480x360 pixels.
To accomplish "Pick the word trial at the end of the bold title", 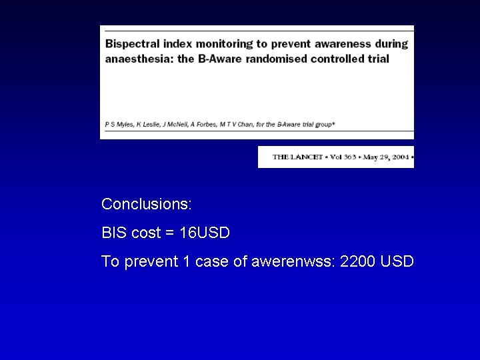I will [x=376, y=58].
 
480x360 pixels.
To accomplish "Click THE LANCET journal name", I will [x=298, y=157].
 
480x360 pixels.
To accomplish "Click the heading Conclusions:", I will [x=147, y=203].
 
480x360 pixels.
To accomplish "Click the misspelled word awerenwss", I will [x=293, y=261].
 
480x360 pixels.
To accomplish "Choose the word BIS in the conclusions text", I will [x=113, y=233].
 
